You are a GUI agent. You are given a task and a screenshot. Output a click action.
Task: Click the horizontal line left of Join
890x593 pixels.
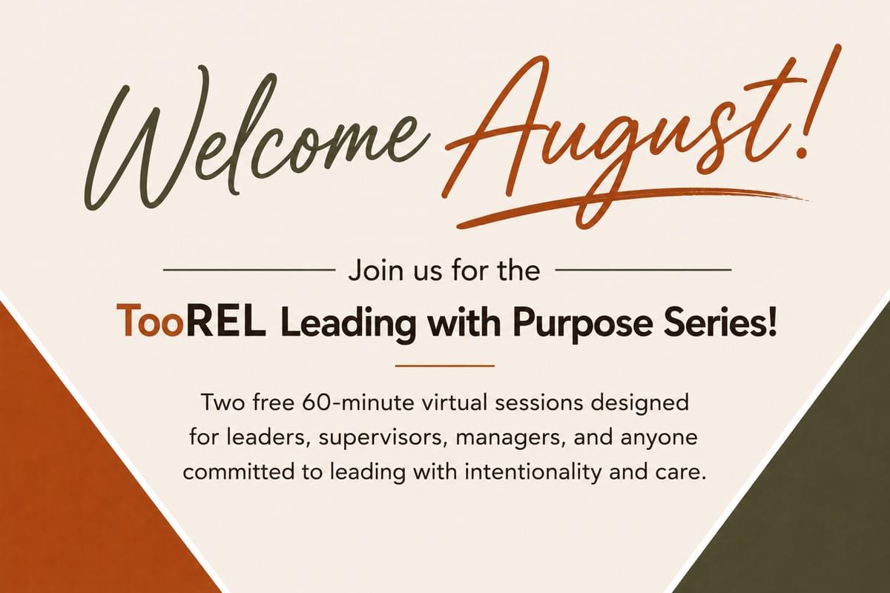(249, 270)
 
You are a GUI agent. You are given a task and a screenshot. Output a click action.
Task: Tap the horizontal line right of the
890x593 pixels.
(643, 270)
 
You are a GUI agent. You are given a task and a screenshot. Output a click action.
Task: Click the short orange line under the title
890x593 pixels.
(444, 365)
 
